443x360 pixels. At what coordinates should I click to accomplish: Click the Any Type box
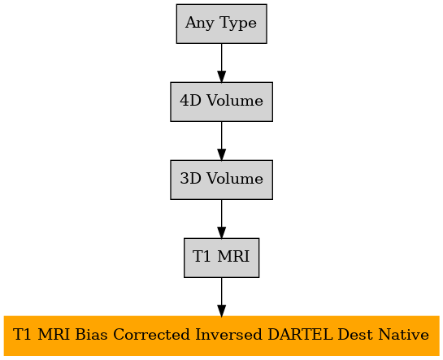(x=221, y=24)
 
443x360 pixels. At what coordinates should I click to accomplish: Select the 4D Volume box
(x=221, y=102)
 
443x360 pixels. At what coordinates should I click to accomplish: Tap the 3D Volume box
(x=221, y=180)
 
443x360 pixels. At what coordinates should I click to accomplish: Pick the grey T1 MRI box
(x=221, y=258)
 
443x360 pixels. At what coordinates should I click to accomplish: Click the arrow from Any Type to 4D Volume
(x=221, y=63)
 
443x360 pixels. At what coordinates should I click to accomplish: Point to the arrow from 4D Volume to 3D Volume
(x=221, y=141)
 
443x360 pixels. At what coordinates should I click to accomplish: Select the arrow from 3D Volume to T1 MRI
(x=221, y=219)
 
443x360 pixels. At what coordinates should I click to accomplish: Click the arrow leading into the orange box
(x=221, y=297)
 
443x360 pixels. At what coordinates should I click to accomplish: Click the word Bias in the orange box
(x=91, y=335)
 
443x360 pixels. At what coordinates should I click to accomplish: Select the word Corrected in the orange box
(x=151, y=335)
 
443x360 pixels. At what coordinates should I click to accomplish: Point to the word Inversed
(x=228, y=335)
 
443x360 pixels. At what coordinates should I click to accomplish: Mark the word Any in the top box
(x=199, y=23)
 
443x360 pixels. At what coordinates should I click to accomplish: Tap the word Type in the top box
(x=238, y=23)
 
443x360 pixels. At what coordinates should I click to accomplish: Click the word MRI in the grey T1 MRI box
(x=233, y=256)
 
